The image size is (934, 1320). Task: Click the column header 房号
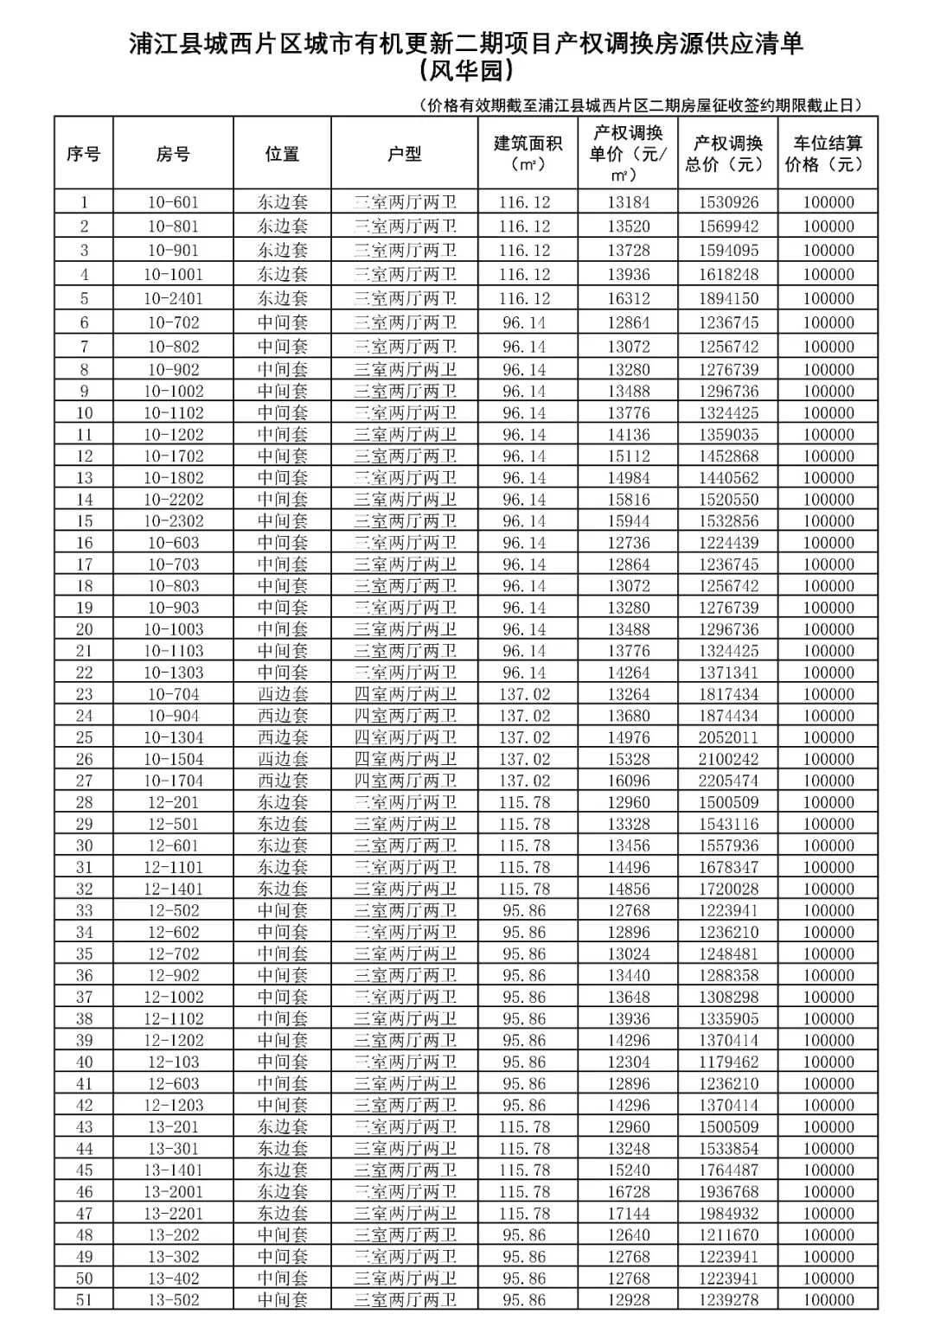[173, 154]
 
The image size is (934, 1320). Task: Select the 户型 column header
[404, 154]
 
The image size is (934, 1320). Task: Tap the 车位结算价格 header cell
[828, 154]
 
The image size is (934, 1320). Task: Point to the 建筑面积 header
[528, 153]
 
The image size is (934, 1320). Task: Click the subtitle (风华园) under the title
[466, 69]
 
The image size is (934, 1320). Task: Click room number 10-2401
[173, 298]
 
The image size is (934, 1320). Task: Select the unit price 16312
[628, 298]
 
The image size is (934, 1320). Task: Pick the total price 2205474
[728, 781]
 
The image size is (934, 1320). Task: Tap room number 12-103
[173, 1062]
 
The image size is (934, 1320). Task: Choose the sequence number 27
[84, 781]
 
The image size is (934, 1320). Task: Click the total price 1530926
[728, 202]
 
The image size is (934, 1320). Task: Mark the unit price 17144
[628, 1213]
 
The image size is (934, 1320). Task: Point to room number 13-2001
[173, 1191]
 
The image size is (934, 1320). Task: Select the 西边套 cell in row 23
[282, 694]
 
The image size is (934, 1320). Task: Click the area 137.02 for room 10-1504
[524, 759]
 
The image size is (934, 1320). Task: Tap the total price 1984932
[728, 1213]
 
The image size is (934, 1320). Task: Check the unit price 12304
[628, 1062]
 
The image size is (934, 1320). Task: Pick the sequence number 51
[84, 1299]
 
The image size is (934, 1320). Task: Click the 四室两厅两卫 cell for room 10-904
[404, 716]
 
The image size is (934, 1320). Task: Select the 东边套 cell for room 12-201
[282, 802]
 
